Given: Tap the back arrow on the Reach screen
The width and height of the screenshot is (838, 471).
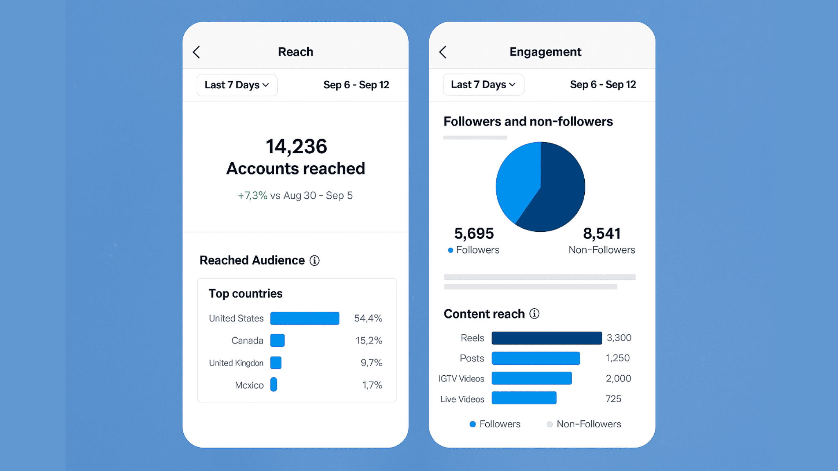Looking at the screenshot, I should [x=196, y=52].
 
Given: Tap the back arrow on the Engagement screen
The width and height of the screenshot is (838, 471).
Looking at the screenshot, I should [x=443, y=52].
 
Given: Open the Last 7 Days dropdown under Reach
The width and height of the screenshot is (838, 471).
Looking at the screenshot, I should [x=237, y=85].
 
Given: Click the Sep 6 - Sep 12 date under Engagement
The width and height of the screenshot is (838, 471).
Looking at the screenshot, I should [x=603, y=85].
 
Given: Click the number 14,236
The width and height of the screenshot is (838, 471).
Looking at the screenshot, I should [x=296, y=146].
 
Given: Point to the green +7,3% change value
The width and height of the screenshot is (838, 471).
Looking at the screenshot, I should [x=252, y=195].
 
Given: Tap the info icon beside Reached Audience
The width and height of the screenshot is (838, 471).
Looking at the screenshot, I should [x=314, y=260].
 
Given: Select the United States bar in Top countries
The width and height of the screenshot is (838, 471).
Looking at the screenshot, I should [x=304, y=318].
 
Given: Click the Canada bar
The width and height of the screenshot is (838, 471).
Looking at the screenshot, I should [x=277, y=340].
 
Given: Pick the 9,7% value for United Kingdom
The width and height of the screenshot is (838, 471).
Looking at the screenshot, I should [x=371, y=363].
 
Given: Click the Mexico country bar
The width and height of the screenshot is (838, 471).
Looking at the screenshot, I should [x=274, y=385].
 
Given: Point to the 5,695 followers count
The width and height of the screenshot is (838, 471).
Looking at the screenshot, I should [x=474, y=233].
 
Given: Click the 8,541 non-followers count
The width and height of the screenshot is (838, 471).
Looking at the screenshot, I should [x=601, y=233].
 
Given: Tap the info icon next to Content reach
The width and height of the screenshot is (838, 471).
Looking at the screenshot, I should [x=534, y=314].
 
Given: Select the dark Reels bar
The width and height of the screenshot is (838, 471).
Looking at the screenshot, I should [x=546, y=338].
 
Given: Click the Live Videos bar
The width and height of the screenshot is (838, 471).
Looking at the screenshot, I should [x=524, y=398].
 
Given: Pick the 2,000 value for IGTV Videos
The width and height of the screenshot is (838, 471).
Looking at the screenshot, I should [x=618, y=378].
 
